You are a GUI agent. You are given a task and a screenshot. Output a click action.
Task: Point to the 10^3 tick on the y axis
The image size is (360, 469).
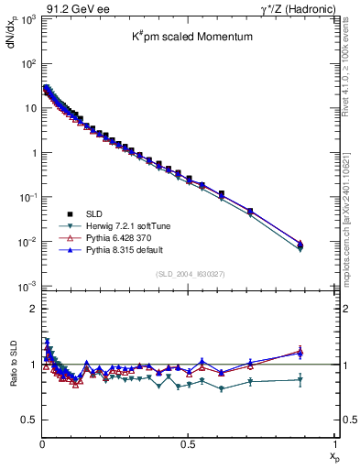[x=26, y=19]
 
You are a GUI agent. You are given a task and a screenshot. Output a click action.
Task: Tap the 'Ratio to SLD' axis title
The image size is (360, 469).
[x=10, y=376]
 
